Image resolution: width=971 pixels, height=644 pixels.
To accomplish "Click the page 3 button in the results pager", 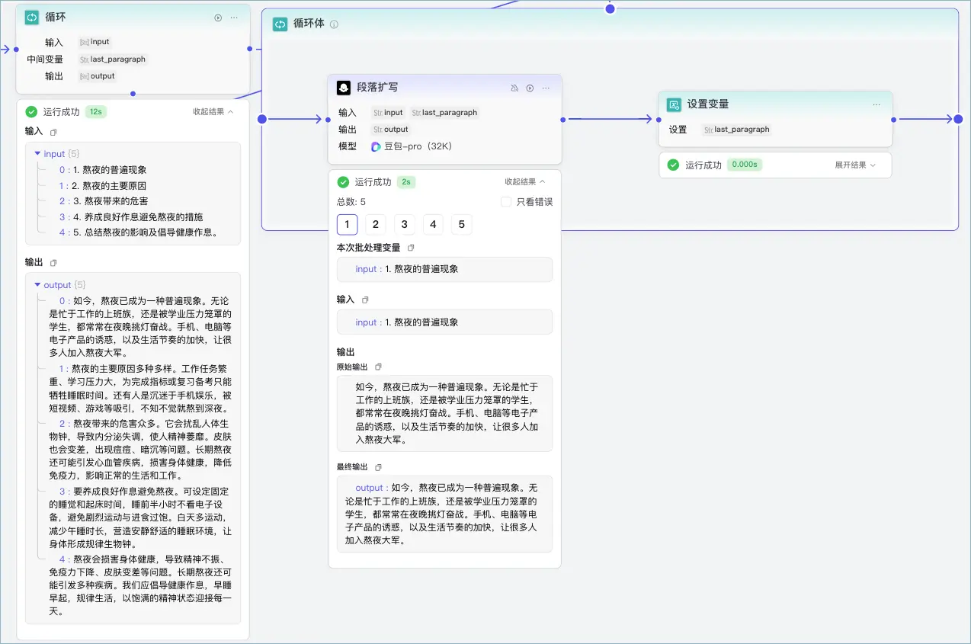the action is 404,224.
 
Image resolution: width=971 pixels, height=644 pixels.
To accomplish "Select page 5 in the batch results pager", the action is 461,224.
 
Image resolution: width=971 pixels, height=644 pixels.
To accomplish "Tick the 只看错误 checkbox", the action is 505,202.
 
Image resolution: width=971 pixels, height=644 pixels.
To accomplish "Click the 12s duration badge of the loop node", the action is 96,112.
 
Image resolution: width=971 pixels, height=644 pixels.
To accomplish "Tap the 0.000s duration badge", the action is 745,165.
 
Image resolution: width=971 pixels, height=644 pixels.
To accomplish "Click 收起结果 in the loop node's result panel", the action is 213,112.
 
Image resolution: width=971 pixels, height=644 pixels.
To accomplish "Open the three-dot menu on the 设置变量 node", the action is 876,104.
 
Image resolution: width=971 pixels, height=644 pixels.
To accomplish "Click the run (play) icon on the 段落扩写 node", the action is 530,88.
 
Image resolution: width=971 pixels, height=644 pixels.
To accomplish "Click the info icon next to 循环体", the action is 334,24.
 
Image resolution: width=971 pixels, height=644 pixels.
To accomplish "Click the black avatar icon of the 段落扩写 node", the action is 344,88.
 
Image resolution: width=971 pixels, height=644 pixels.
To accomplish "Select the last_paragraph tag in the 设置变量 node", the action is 736,130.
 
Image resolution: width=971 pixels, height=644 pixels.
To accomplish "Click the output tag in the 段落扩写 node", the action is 390,130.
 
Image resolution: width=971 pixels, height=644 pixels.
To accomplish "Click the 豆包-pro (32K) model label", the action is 412,146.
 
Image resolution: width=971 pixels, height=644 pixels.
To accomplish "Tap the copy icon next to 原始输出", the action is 378,367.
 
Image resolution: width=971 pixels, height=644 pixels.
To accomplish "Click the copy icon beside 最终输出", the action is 378,467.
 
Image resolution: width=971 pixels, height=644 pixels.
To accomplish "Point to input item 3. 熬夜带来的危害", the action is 110,201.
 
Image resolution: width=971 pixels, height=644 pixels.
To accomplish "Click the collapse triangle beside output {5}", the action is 37,285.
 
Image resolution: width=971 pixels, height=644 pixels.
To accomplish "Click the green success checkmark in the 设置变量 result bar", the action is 673,165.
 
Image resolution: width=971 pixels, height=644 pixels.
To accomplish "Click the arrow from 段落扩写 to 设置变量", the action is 610,119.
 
